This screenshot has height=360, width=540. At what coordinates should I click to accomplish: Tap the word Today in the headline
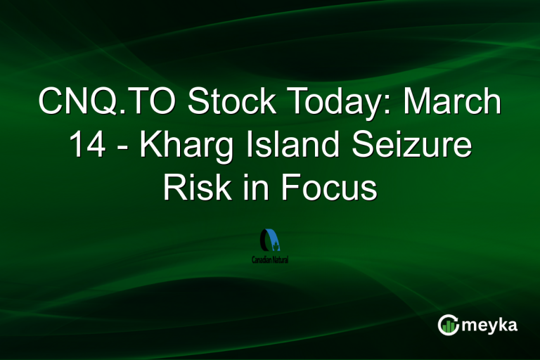click(334, 103)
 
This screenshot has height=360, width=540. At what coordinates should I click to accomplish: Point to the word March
click(451, 103)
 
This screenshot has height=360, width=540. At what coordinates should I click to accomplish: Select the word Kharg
click(176, 147)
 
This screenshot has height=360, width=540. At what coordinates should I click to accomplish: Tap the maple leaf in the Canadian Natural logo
click(276, 247)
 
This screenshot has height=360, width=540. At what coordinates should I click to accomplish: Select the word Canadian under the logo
click(262, 259)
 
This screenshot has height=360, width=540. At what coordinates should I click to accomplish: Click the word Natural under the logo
click(281, 259)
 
